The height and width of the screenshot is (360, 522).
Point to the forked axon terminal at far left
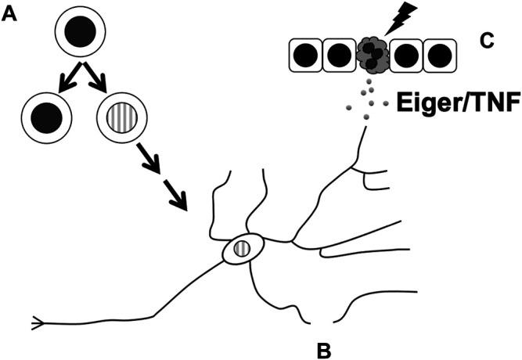coord(36,322)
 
